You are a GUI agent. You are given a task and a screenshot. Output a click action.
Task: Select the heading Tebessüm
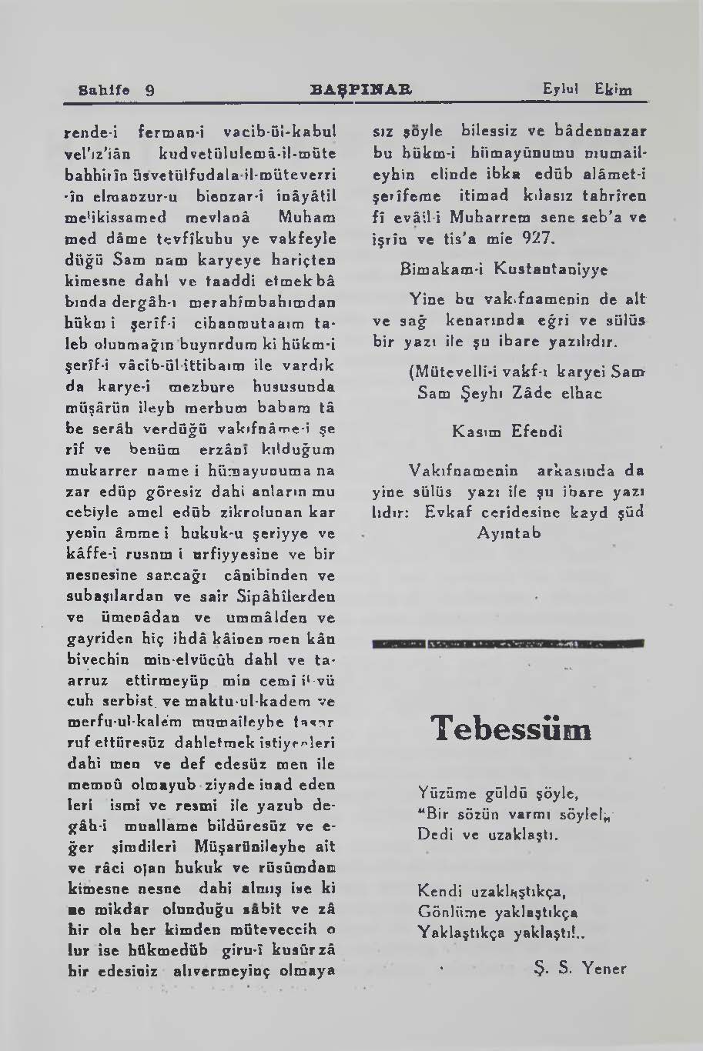[511, 729]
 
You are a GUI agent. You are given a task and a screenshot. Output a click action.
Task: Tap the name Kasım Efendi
[507, 432]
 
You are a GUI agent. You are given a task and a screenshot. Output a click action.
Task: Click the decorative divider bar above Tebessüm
[508, 643]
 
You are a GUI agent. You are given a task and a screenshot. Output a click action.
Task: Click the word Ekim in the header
[613, 90]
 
